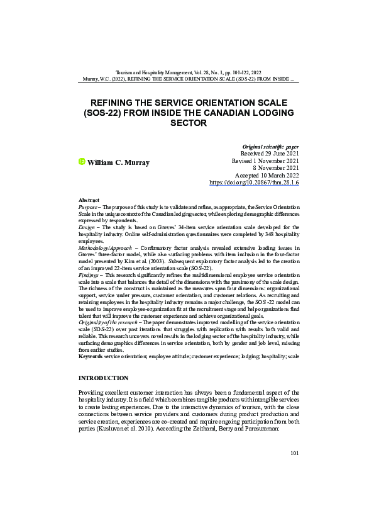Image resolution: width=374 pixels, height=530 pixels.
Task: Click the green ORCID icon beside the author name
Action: coord(81,162)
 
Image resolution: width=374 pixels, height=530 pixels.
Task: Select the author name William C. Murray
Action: coord(118,162)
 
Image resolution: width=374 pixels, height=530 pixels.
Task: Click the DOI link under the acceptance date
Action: coord(254,183)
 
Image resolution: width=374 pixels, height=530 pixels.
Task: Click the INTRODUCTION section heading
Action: coord(103,378)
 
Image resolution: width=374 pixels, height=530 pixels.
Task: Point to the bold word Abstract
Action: coord(89,200)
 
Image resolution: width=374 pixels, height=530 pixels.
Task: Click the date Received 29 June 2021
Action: coord(270,154)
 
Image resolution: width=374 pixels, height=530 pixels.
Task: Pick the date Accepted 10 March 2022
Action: coord(268,176)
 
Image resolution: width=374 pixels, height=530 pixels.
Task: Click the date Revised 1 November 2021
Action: coord(265,161)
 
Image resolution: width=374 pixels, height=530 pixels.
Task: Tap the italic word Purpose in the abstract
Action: coord(88,206)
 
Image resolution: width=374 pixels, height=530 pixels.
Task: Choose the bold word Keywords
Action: coord(91,357)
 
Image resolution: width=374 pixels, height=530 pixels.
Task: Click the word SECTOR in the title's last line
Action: coord(189,123)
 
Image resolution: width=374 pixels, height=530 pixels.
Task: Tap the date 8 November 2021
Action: coord(276,168)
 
